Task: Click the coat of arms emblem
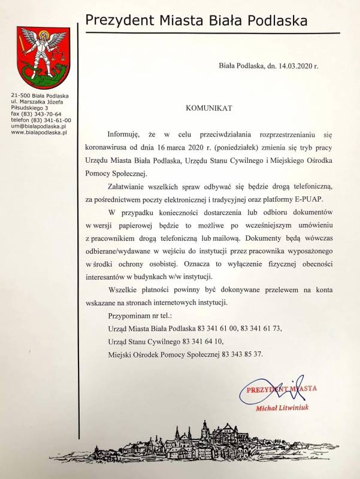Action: tap(41, 57)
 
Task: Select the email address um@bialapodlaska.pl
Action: tap(40, 125)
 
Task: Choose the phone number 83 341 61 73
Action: tap(261, 328)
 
